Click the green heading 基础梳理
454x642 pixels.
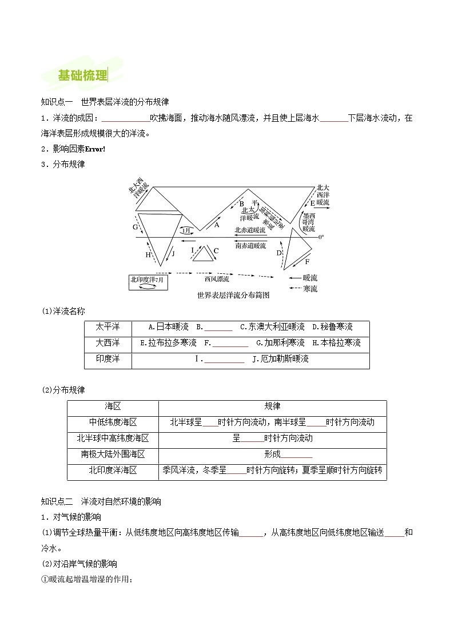[x=82, y=75]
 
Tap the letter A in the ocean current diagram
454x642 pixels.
[x=217, y=225]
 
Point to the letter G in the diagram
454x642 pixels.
[x=135, y=227]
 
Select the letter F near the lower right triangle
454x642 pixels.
[x=307, y=261]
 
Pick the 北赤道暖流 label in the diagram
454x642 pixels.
[x=250, y=230]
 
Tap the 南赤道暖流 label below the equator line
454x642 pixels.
[x=250, y=245]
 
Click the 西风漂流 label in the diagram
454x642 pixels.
[x=217, y=280]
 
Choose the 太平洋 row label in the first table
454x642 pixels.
[x=107, y=327]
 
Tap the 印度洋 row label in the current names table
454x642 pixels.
[x=107, y=359]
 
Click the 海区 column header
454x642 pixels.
[x=113, y=406]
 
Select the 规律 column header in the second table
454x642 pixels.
[x=272, y=406]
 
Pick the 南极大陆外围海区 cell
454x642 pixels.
[x=113, y=454]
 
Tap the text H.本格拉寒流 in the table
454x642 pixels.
[x=337, y=343]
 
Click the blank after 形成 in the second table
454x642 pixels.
[x=296, y=455]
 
